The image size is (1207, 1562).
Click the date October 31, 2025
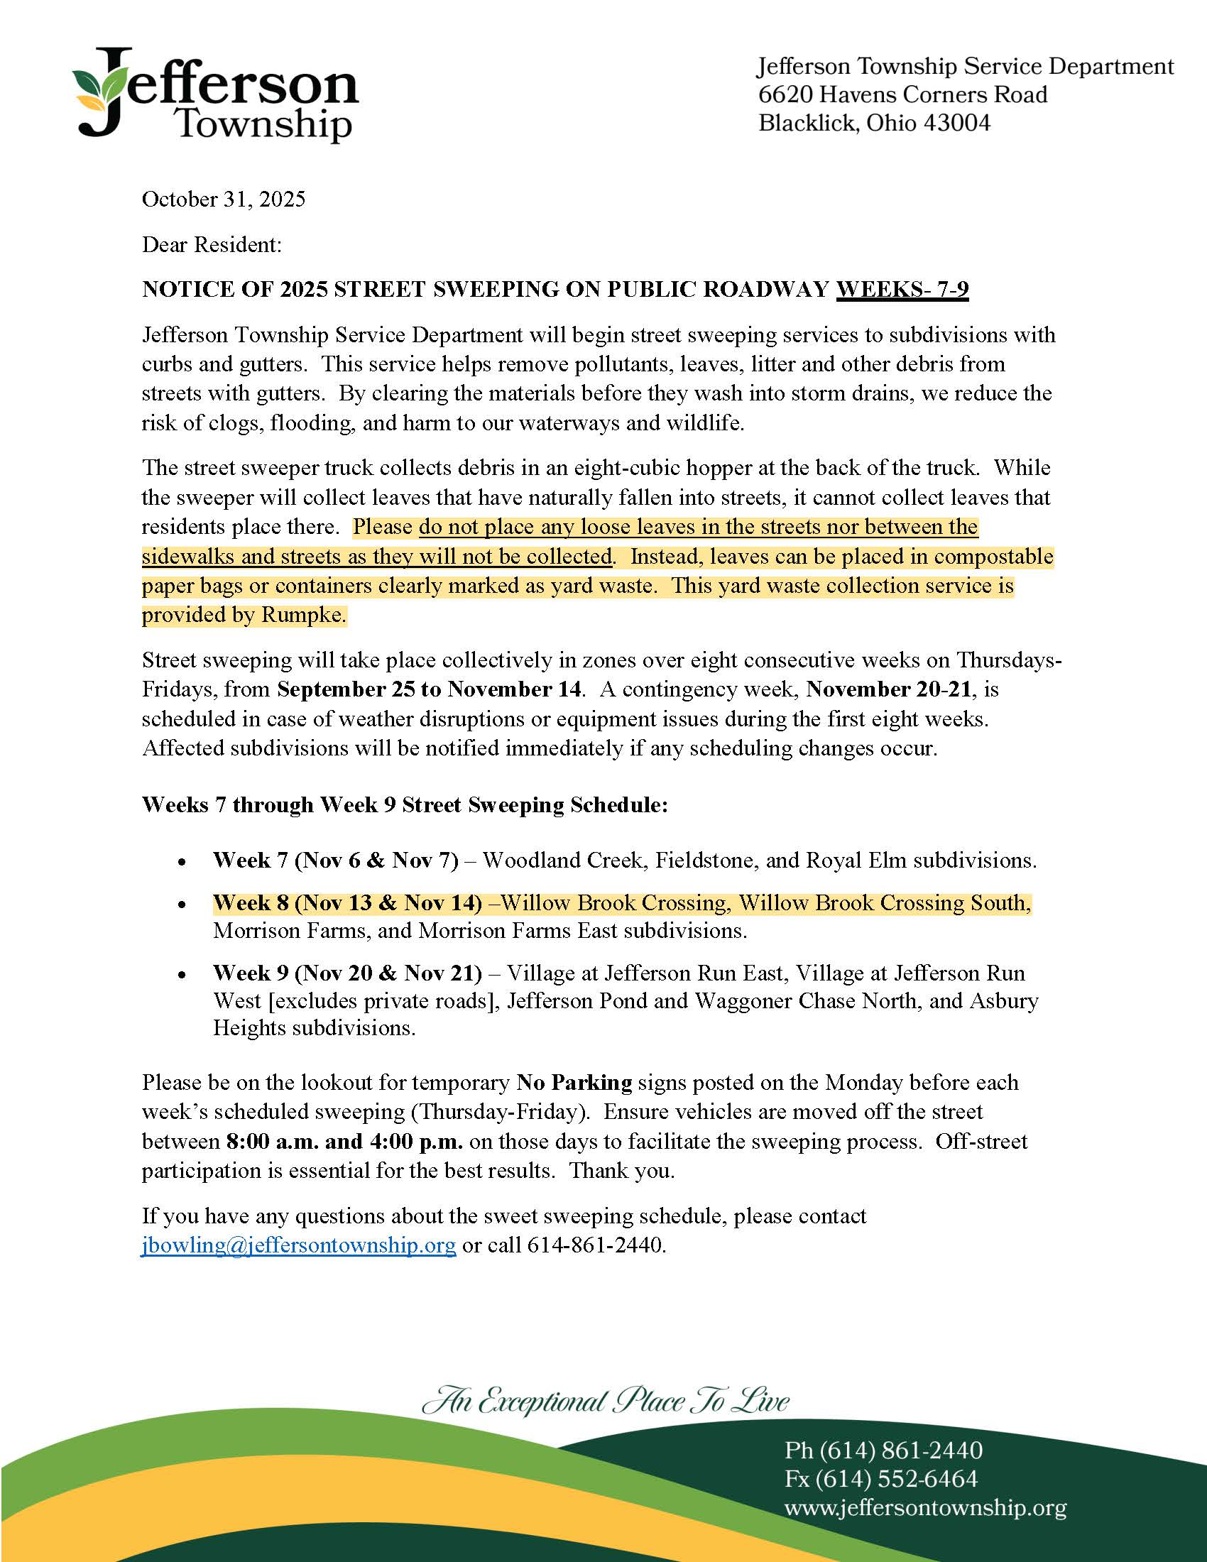point(223,199)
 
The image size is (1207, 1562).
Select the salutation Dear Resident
point(212,245)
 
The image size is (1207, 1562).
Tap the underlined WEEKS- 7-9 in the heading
point(902,289)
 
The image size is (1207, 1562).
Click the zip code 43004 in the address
point(958,123)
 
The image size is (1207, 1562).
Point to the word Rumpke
point(303,615)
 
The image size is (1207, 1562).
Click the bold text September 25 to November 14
point(429,689)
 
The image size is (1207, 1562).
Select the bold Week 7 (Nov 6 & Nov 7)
point(335,860)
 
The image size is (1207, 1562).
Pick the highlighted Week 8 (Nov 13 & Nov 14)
point(347,902)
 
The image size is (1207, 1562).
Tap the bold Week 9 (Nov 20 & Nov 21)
point(347,973)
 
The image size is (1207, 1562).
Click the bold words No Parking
point(574,1082)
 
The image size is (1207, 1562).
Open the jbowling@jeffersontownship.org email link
point(299,1245)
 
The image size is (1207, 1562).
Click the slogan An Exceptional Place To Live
point(606,1400)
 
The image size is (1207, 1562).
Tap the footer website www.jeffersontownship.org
point(925,1507)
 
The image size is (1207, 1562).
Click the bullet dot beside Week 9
point(184,975)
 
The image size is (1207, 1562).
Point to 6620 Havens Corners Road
point(902,94)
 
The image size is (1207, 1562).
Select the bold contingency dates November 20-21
point(889,689)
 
